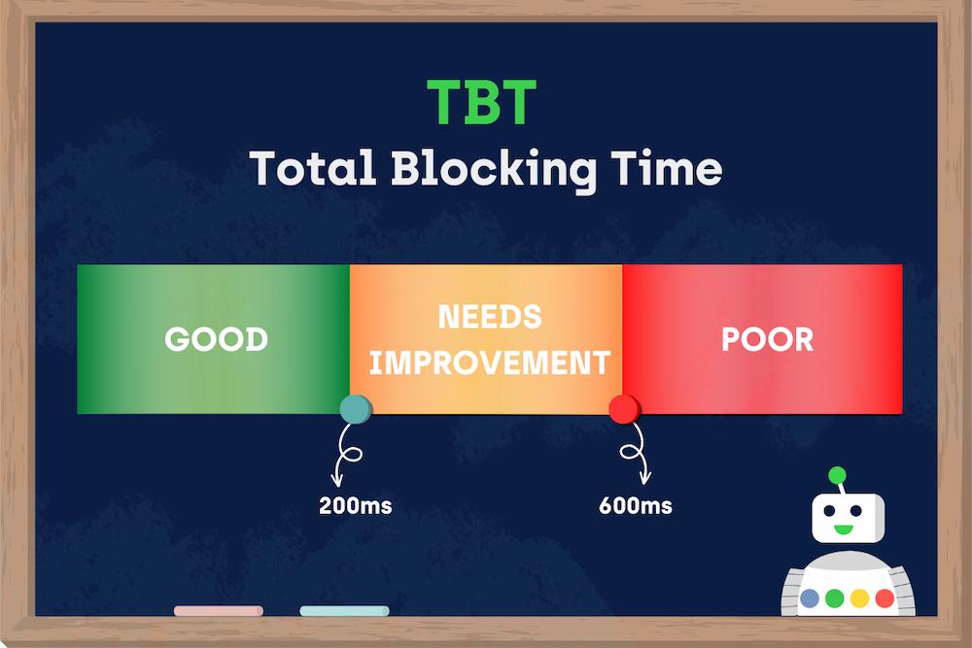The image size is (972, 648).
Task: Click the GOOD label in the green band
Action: pyautogui.click(x=216, y=339)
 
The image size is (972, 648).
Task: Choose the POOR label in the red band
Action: pyautogui.click(x=767, y=339)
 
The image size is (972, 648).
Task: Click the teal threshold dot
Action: pyautogui.click(x=354, y=410)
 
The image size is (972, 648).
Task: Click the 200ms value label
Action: pyautogui.click(x=356, y=506)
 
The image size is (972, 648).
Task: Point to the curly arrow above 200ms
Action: pyautogui.click(x=346, y=455)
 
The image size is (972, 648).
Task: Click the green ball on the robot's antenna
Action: pyautogui.click(x=836, y=476)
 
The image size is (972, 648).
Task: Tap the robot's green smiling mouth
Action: pyautogui.click(x=842, y=530)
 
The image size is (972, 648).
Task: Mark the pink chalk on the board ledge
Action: pyautogui.click(x=218, y=611)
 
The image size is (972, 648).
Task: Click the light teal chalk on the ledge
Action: pyautogui.click(x=344, y=611)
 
